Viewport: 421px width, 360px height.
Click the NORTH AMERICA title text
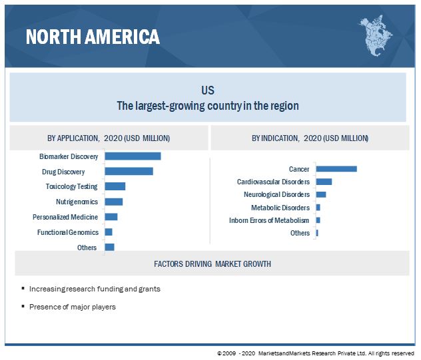pos(93,37)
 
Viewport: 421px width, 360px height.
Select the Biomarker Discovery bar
pos(133,156)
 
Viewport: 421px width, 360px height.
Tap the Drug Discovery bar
pos(129,171)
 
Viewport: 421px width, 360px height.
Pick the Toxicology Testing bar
pos(115,186)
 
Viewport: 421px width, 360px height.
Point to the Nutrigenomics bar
pos(113,202)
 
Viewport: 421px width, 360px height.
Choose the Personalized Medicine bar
pos(111,217)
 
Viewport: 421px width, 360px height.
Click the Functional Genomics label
pos(67,232)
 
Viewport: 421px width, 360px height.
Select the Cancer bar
pos(336,169)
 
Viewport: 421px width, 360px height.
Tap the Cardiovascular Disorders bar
pos(324,182)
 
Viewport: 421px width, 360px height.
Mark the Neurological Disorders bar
pos(320,194)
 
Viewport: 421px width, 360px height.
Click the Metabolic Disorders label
pos(280,208)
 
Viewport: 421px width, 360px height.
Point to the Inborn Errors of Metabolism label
pos(269,220)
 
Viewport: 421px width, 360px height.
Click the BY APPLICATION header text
pos(108,138)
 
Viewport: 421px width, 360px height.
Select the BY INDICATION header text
pos(310,138)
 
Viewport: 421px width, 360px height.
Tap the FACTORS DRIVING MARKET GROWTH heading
pos(212,264)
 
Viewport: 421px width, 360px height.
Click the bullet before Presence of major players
pos(23,306)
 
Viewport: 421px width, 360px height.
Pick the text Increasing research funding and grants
pos(95,289)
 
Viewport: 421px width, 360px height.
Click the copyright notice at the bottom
pos(315,353)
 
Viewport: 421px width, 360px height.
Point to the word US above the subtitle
pos(208,90)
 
